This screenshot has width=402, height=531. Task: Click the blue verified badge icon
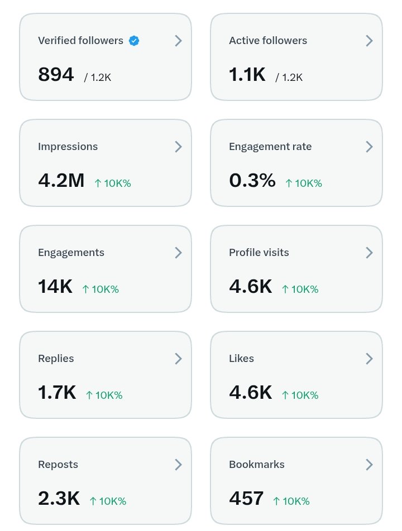click(x=134, y=41)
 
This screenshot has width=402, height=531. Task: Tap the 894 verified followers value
click(x=56, y=75)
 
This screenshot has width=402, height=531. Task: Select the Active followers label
click(x=268, y=41)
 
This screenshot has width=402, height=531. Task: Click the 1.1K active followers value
click(x=247, y=75)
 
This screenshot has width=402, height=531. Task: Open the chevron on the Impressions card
click(x=178, y=147)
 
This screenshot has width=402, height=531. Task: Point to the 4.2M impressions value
click(x=61, y=181)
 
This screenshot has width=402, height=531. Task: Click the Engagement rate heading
click(x=270, y=147)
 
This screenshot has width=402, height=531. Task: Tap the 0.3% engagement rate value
click(x=252, y=181)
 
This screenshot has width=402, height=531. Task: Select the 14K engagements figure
click(x=55, y=287)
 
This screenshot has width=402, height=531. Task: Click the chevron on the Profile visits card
click(x=370, y=253)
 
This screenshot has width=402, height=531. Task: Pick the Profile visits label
click(x=259, y=253)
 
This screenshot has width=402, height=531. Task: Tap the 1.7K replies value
click(x=57, y=393)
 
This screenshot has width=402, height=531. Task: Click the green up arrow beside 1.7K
click(x=89, y=395)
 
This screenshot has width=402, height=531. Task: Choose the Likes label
click(x=241, y=359)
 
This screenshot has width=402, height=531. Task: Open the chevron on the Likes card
click(x=370, y=359)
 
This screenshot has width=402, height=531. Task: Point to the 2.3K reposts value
click(x=59, y=499)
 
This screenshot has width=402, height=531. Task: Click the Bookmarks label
click(x=257, y=465)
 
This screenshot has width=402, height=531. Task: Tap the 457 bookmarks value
click(x=246, y=499)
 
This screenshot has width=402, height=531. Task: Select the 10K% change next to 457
click(x=296, y=501)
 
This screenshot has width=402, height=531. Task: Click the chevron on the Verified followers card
click(x=178, y=41)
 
